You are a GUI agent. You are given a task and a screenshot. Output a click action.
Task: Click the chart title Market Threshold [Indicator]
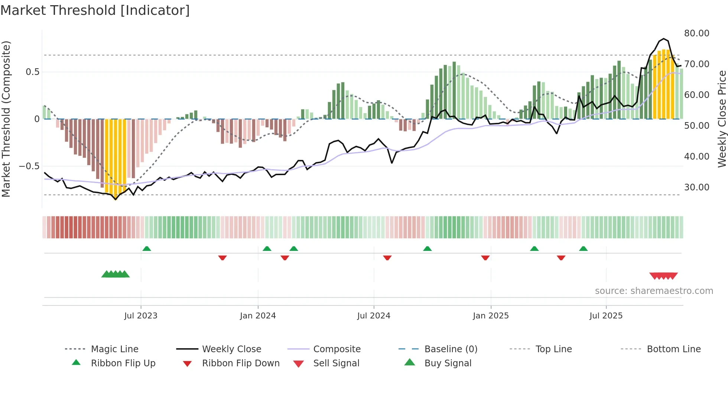point(95,10)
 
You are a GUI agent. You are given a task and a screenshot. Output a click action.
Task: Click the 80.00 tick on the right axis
point(696,33)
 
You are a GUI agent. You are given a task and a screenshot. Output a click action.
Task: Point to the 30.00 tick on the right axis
point(696,187)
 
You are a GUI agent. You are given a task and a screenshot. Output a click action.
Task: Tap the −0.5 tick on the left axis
point(29,166)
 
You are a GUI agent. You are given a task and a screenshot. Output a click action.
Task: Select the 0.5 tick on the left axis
point(32,72)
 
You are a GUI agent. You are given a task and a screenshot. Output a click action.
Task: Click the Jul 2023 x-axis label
point(141,316)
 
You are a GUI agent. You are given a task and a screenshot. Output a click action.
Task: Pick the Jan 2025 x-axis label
point(491,316)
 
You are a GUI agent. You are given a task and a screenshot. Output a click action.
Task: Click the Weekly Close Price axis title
point(722,119)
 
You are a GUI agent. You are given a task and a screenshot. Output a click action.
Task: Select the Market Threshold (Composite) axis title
point(6,119)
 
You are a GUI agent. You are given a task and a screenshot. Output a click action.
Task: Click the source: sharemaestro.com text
point(654,291)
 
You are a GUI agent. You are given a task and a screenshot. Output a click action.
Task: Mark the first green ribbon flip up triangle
point(147,249)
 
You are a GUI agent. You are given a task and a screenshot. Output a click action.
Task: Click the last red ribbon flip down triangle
point(561,258)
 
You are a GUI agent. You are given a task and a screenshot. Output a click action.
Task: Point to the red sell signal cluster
point(663,276)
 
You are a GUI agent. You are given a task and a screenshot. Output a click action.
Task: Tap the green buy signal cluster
point(116,274)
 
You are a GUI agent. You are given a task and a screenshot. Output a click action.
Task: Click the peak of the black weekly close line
point(664,39)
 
